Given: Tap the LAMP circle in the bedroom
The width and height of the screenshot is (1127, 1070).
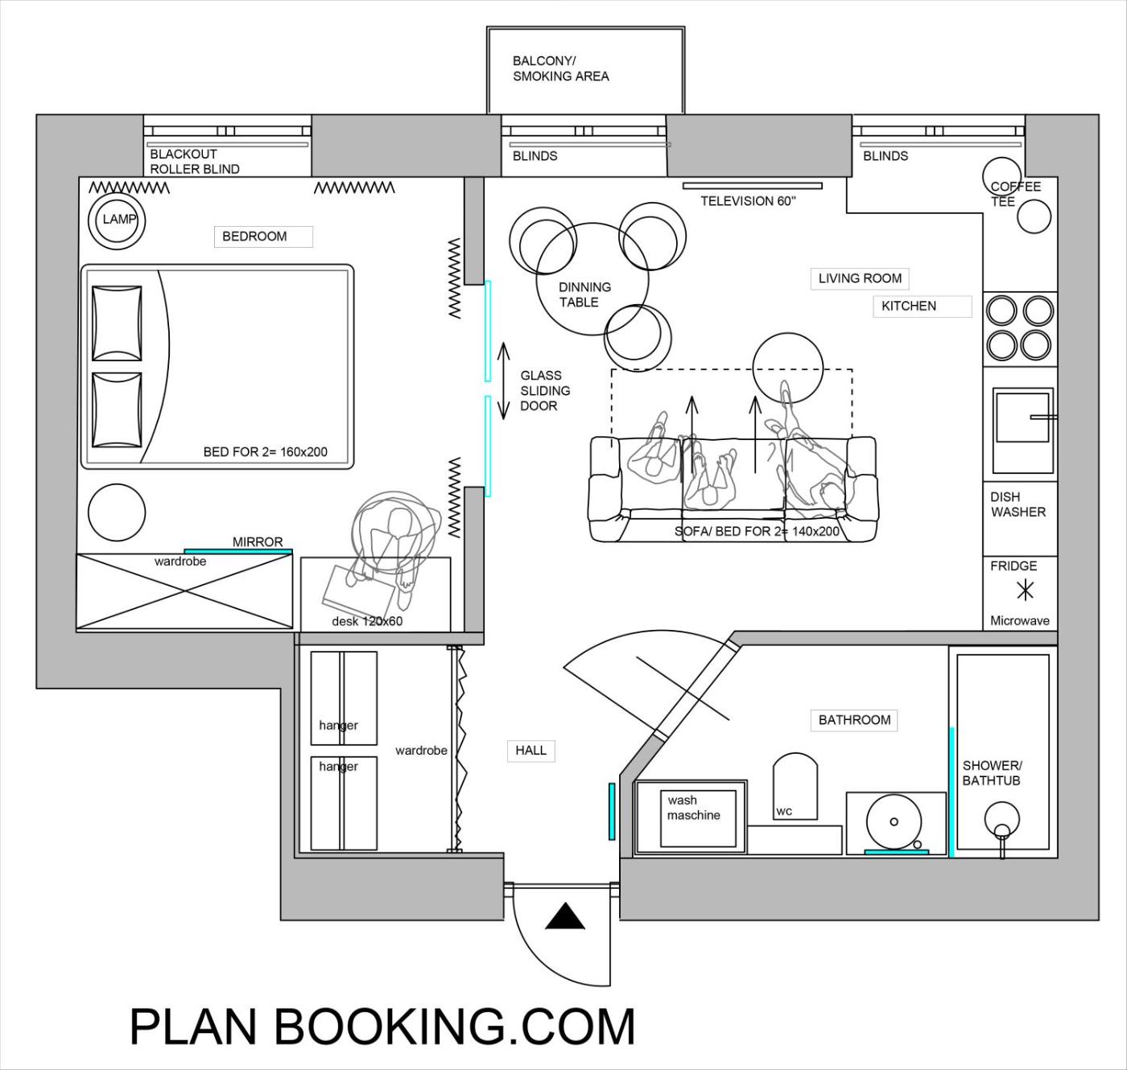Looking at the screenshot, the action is tap(117, 220).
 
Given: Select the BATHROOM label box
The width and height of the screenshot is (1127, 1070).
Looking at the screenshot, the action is tap(853, 720).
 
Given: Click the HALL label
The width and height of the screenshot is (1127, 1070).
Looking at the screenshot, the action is tap(530, 751).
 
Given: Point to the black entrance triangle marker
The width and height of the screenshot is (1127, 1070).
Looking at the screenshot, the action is tap(565, 916).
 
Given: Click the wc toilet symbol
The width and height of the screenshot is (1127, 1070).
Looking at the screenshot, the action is tap(795, 786).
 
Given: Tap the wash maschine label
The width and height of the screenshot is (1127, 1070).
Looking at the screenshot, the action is tap(694, 808).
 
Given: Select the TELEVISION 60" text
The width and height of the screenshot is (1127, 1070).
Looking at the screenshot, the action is tap(748, 201).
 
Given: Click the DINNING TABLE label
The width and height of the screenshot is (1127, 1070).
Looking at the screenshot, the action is tap(584, 294).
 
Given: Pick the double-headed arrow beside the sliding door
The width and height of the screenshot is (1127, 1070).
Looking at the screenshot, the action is tap(503, 381).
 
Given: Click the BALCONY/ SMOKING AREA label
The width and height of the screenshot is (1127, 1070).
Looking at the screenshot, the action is tap(560, 68).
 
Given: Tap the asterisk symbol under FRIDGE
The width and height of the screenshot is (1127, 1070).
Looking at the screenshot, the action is tap(1025, 591).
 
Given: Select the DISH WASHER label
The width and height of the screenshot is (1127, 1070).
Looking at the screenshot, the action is tap(1018, 504).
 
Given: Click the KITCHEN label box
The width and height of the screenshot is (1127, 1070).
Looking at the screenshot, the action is tap(923, 306).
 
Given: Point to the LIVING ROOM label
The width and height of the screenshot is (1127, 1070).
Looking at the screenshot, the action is tap(859, 278).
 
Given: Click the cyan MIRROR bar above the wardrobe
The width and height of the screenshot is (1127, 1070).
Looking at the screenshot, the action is tap(238, 551).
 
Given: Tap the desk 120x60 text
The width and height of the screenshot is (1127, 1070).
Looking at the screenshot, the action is tap(367, 621).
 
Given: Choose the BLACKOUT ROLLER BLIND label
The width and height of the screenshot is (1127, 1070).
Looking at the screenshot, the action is tap(194, 162).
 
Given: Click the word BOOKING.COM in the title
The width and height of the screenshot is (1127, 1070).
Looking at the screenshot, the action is tap(455, 1027).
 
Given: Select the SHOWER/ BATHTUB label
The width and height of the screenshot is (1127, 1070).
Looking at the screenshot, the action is tap(993, 773).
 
